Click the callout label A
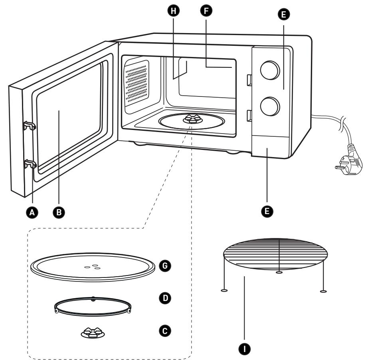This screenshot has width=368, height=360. tap(32, 212)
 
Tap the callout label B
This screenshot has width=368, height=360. tap(59, 212)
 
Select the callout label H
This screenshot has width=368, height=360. tap(174, 11)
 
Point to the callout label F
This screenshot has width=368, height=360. tap(206, 11)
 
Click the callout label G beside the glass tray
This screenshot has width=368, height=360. tap(165, 266)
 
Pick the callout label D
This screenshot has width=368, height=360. tap(165, 298)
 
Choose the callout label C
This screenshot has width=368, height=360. tap(165, 331)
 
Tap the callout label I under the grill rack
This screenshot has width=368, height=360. tap(244, 349)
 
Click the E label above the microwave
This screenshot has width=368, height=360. tap(283, 14)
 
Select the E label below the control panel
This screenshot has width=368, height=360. tap(267, 211)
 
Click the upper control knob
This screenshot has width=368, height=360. tap(270, 70)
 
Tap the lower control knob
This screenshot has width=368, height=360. tap(270, 106)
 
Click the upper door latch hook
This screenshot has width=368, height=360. tap(30, 126)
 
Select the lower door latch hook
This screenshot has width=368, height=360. tap(30, 164)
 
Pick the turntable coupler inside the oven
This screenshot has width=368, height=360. tap(192, 118)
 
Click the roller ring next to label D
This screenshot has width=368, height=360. tap(93, 306)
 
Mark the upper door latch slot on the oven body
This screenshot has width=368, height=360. tap(249, 80)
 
